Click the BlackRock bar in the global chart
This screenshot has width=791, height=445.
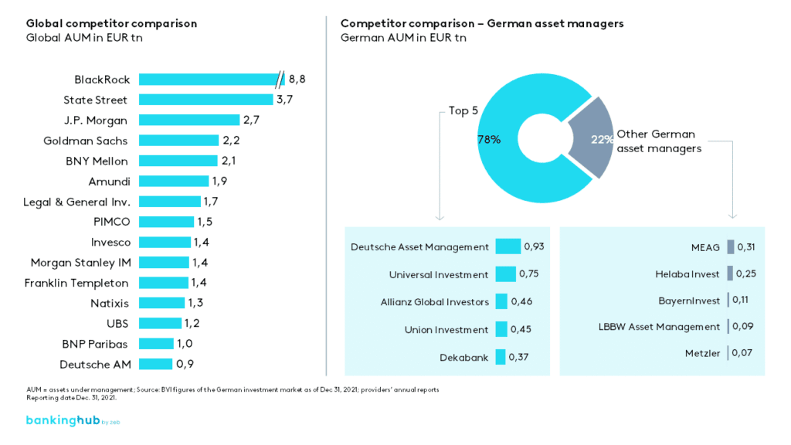tap(209, 80)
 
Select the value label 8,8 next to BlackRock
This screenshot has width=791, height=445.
tap(298, 80)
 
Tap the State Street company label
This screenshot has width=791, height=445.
tap(95, 100)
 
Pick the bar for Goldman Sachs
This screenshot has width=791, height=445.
tap(178, 141)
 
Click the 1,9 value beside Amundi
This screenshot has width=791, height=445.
tap(221, 181)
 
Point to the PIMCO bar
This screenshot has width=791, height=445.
tap(165, 222)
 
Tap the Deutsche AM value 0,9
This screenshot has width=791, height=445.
tap(185, 364)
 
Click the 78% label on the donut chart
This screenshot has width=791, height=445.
tap(489, 140)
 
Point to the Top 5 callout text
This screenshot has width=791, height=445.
tap(463, 110)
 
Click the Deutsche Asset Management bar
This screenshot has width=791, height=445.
tap(508, 246)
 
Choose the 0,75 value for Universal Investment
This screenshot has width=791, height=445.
tap(529, 274)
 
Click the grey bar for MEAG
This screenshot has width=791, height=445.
tap(730, 247)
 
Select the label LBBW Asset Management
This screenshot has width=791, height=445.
tap(659, 327)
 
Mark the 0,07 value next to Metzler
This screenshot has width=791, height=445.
tap(742, 353)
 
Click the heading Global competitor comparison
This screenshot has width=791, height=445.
tap(111, 23)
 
